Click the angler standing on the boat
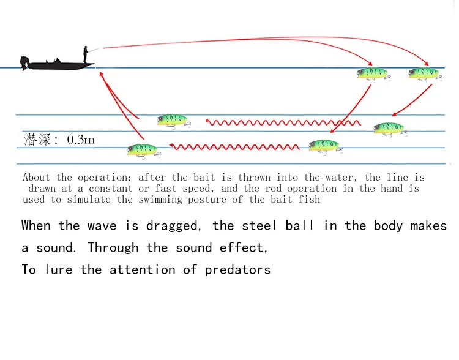[86, 54]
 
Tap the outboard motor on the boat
[24, 62]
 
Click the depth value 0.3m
[81, 140]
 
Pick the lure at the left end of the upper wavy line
[172, 119]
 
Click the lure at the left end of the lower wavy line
[142, 149]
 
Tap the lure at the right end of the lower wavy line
[324, 146]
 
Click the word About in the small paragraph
[37, 178]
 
